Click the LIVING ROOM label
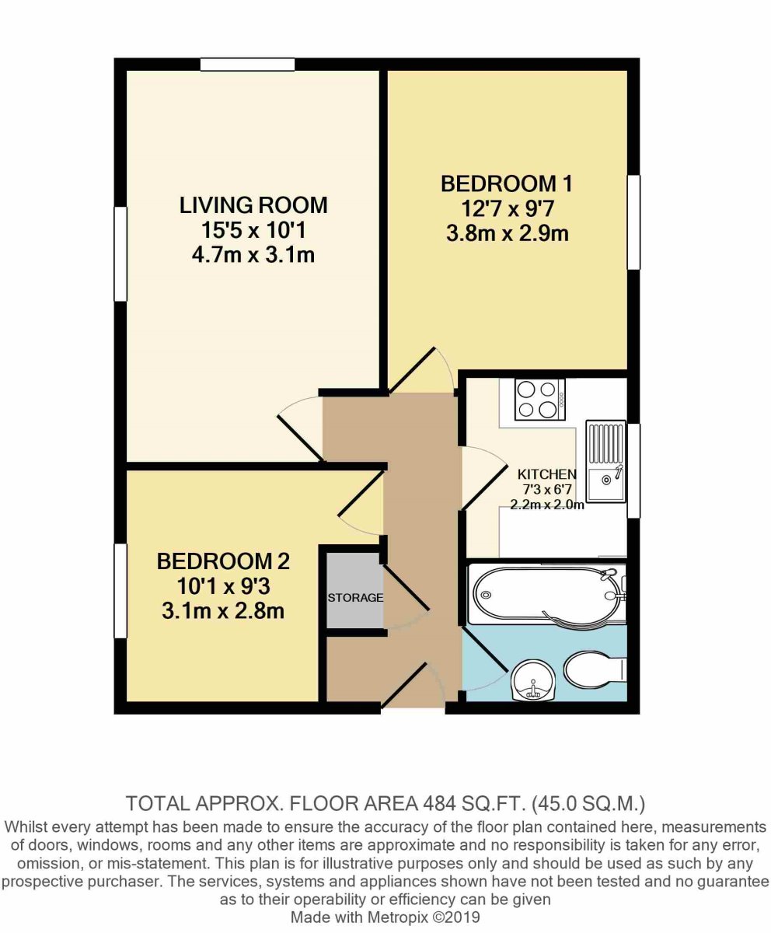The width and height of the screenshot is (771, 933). [x=253, y=205]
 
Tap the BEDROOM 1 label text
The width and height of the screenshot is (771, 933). [x=506, y=184]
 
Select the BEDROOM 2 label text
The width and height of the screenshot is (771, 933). [x=223, y=561]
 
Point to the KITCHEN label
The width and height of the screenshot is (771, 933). [x=547, y=473]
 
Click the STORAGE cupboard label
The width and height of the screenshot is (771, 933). [x=355, y=598]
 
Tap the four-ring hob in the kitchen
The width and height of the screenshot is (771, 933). [x=539, y=399]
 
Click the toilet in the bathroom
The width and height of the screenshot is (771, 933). [x=595, y=669]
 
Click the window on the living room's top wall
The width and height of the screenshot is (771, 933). [x=246, y=65]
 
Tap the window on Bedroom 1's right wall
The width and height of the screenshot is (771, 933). [x=634, y=222]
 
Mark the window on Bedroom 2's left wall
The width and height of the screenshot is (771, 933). [x=120, y=591]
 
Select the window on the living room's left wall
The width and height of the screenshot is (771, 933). [x=120, y=253]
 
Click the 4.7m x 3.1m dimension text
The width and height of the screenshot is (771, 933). [x=253, y=254]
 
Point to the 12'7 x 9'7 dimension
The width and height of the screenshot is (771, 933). [x=506, y=209]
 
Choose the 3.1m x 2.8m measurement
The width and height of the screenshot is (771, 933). [x=223, y=611]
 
